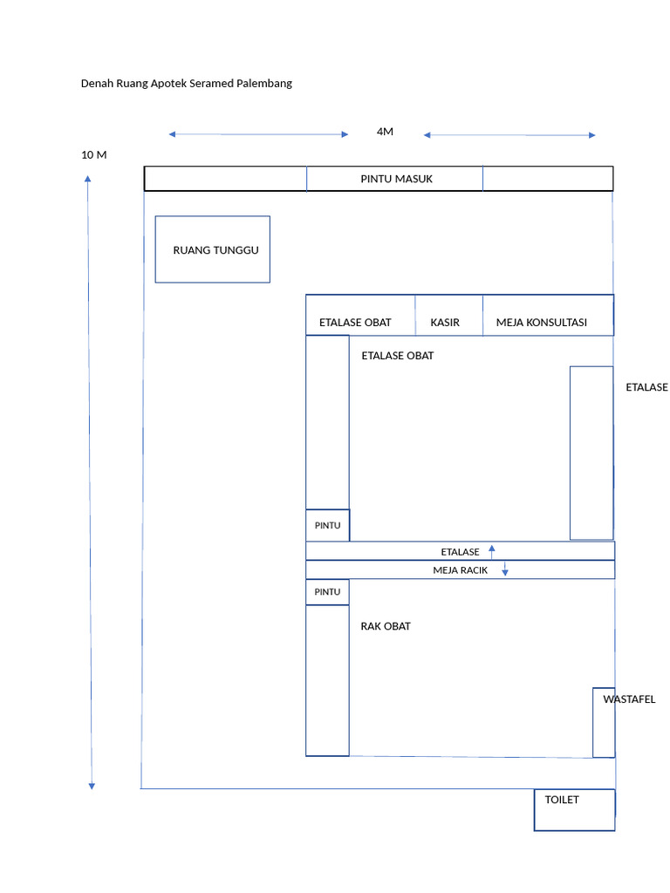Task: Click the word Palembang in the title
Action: (264, 83)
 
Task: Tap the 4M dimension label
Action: (385, 132)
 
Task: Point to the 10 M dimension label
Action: (94, 155)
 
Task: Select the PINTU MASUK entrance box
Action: (395, 179)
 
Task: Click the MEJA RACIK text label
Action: (461, 570)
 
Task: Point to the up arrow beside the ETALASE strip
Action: (492, 551)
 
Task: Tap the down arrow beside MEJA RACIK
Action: (505, 569)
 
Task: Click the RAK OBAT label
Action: (386, 626)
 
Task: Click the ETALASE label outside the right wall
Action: (646, 387)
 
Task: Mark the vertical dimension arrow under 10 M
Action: (90, 482)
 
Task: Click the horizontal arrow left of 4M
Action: (258, 134)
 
